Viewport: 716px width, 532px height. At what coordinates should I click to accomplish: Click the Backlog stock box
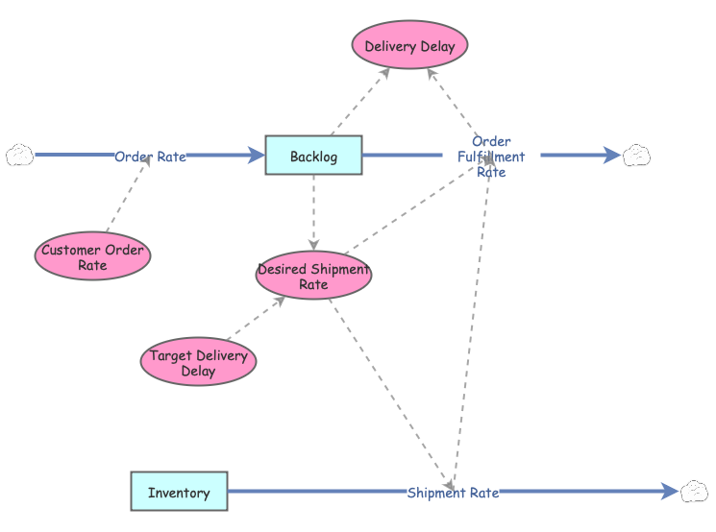pos(313,156)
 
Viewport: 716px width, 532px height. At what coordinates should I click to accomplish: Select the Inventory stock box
pos(179,491)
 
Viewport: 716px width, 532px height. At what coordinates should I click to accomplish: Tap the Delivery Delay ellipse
pos(409,45)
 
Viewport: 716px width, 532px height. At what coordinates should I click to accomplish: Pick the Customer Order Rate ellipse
pos(92,256)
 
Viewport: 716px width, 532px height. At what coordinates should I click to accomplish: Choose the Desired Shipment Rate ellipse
pos(313,276)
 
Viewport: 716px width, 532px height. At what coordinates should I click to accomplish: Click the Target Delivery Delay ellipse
pos(198,362)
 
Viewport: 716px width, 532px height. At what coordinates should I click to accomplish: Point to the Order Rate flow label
pos(150,157)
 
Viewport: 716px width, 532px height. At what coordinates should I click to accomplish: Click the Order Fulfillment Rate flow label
pos(491,157)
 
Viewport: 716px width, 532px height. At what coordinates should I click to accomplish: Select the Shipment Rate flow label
pos(453,493)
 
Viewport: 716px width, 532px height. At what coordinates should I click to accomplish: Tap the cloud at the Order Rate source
pos(19,155)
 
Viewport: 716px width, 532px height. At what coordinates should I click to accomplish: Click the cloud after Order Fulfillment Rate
pos(636,156)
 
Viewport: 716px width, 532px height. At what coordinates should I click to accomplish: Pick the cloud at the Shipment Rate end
pos(694,492)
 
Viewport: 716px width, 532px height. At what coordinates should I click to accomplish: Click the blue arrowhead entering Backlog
pos(256,156)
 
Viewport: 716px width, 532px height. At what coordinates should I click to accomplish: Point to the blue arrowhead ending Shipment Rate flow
pos(670,492)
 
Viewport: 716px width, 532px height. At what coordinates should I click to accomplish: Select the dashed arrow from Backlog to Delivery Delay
pos(360,101)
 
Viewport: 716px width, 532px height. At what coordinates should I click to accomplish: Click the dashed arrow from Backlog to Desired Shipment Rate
pos(313,212)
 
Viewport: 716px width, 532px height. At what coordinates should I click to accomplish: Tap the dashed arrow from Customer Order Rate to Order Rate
pos(129,193)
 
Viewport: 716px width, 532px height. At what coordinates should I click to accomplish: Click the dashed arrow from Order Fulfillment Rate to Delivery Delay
pos(453,104)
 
